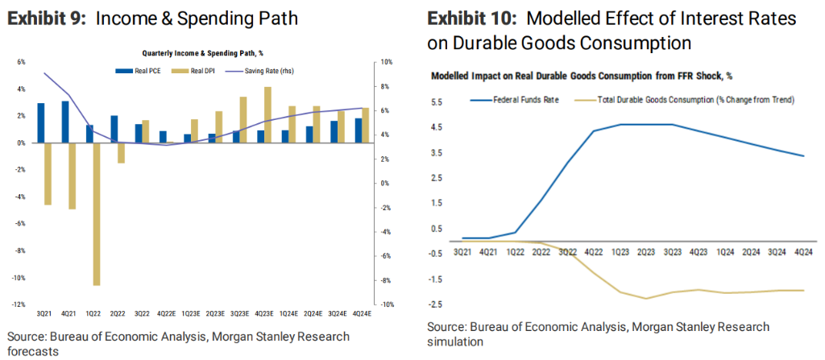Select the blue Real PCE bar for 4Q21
click(65, 122)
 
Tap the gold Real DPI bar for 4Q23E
click(267, 114)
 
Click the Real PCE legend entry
click(143, 72)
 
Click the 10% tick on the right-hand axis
click(386, 62)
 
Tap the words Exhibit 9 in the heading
click(44, 19)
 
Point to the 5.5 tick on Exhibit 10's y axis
click(437, 102)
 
